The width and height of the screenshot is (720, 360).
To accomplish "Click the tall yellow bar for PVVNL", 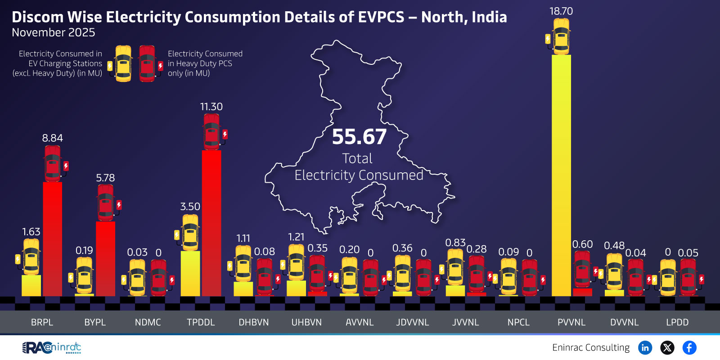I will pyautogui.click(x=561, y=175).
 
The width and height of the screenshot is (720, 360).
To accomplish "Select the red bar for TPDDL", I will pyautogui.click(x=211, y=223).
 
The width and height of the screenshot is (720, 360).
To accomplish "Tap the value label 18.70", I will pyautogui.click(x=561, y=11).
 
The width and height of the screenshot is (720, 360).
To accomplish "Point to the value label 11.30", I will pyautogui.click(x=211, y=107).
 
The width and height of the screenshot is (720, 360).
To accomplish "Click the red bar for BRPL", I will pyautogui.click(x=52, y=238).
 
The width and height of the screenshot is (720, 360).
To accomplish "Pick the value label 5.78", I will pyautogui.click(x=105, y=178).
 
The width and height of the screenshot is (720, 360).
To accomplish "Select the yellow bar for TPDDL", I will pyautogui.click(x=190, y=273).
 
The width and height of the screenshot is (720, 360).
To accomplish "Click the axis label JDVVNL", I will pyautogui.click(x=413, y=322).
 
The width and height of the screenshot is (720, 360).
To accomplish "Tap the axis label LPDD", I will pyautogui.click(x=677, y=322).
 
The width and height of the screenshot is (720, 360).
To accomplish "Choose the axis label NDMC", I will pyautogui.click(x=148, y=322).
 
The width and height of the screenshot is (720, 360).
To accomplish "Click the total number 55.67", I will pyautogui.click(x=359, y=137).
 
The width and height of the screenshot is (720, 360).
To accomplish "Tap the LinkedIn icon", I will pyautogui.click(x=645, y=347).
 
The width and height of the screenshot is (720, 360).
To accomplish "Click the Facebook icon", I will pyautogui.click(x=689, y=347).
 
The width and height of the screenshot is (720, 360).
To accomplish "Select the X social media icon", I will pyautogui.click(x=667, y=347).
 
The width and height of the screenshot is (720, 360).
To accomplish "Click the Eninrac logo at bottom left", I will pyautogui.click(x=52, y=347).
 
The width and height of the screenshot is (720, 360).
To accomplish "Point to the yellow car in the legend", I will pyautogui.click(x=123, y=63).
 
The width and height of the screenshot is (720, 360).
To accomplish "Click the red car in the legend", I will pyautogui.click(x=147, y=63).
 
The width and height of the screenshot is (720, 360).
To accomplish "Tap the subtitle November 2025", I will pyautogui.click(x=54, y=32).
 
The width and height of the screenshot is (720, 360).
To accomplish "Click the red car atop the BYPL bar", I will pyautogui.click(x=106, y=202).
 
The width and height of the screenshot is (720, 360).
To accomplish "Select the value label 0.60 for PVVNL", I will pyautogui.click(x=582, y=244).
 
